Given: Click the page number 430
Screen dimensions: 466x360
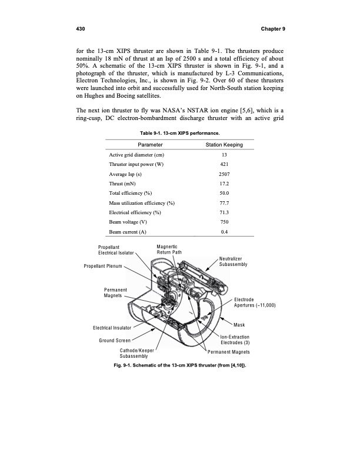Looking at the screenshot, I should point(75,29).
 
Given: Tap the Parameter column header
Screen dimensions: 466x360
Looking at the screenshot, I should point(150,145).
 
